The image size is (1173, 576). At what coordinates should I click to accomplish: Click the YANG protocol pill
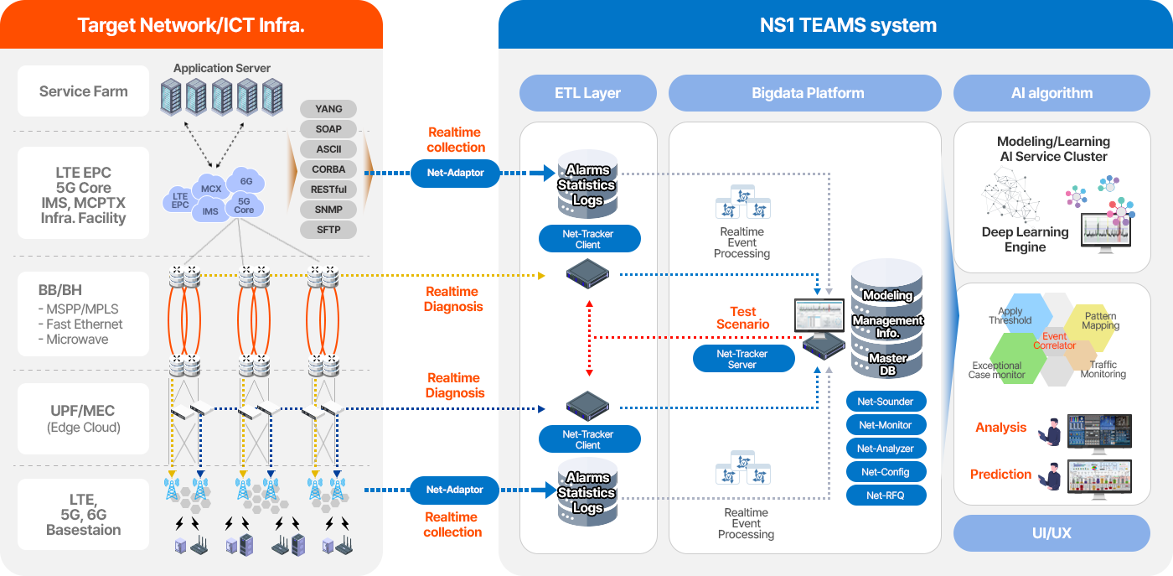tap(328, 109)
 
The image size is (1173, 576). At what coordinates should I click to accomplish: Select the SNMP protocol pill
tap(328, 210)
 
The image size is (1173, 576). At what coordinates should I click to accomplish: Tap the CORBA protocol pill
tap(328, 169)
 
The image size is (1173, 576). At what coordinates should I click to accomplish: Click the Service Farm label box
tap(84, 91)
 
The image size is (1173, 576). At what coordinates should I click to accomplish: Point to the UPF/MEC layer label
tap(82, 418)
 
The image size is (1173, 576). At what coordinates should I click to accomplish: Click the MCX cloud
tap(211, 189)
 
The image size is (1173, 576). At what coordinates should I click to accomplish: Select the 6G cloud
tap(246, 181)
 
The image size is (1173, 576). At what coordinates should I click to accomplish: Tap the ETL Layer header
tap(587, 93)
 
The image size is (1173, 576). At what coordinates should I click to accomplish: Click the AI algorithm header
tap(1052, 93)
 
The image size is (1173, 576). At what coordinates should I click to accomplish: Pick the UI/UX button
tap(1052, 533)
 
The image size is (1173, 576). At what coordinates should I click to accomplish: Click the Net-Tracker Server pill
tap(742, 359)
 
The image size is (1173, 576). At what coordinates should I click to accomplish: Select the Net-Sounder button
tap(886, 402)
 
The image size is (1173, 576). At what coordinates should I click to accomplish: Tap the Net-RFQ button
tap(886, 496)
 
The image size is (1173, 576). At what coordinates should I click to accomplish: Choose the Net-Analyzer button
tap(886, 449)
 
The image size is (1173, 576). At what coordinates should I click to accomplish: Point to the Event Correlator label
tap(1054, 340)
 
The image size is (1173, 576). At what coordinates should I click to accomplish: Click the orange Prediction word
tap(1000, 475)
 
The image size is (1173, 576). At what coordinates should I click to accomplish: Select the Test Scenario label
tap(742, 318)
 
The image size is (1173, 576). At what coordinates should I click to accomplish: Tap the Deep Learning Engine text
tap(1025, 240)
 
